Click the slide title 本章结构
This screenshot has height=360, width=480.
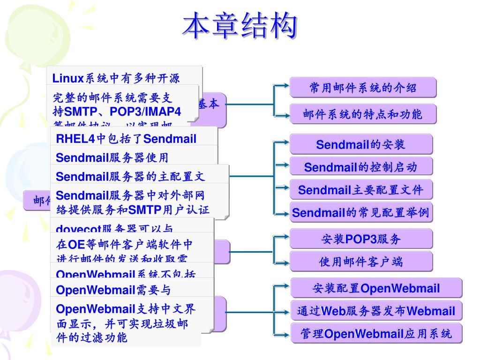pos(240,26)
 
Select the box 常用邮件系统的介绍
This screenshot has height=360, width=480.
pos(363,88)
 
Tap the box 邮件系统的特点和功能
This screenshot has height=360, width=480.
pos(363,114)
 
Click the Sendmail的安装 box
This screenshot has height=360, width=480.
pos(360,144)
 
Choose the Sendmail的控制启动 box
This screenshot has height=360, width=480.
pos(360,167)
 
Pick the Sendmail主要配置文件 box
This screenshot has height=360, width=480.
pos(360,190)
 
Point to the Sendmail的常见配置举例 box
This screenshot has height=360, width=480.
pos(360,212)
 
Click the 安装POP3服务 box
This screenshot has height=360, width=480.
pos(360,239)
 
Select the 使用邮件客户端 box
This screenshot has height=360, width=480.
pos(360,262)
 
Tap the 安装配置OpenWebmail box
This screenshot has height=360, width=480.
pos(376,288)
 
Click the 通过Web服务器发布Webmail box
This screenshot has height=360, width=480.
pos(376,311)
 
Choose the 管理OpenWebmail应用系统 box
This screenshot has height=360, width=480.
pos(376,333)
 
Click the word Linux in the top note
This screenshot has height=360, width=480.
pos(67,78)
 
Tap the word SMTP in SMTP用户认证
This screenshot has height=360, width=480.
pos(144,209)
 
